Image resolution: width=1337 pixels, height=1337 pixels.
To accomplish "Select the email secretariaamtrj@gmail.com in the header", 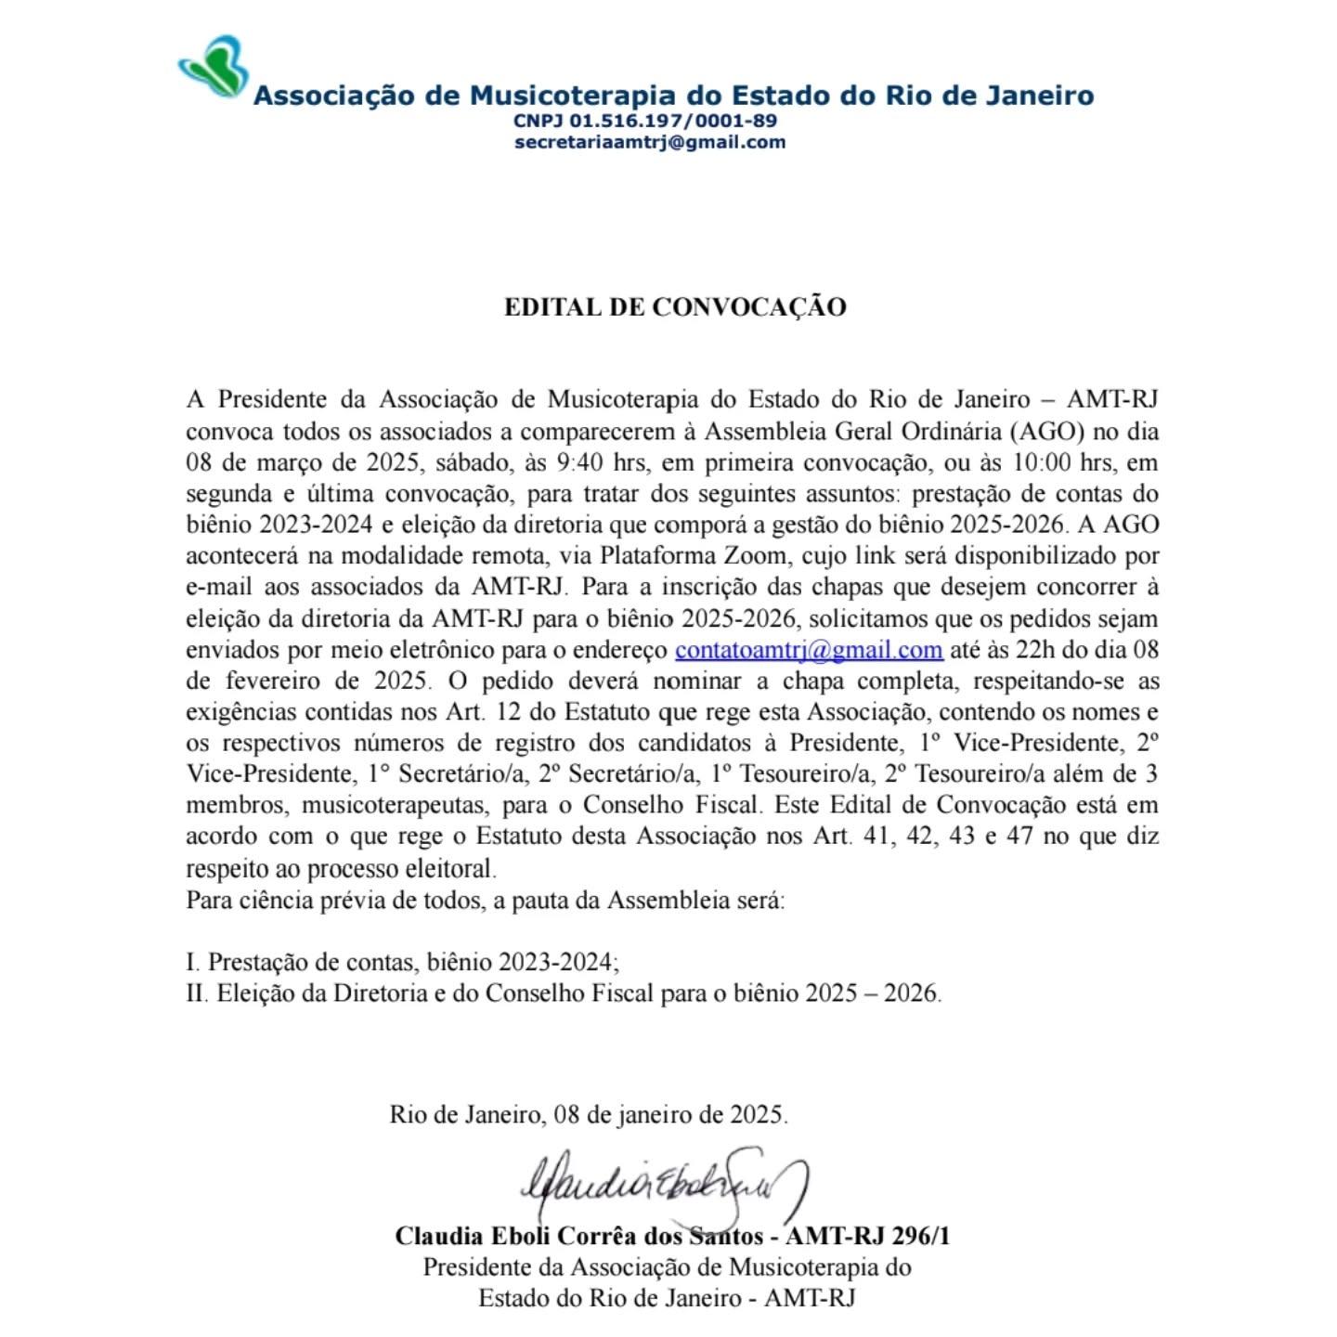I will tap(650, 142).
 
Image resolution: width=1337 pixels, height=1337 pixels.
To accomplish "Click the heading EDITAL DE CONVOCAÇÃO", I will tap(675, 307).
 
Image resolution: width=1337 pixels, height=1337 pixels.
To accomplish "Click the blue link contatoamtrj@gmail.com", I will tap(809, 650).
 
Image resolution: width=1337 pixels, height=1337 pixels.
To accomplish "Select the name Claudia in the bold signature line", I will tap(440, 1237).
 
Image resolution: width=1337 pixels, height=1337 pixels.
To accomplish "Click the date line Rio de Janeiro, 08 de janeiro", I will tap(589, 1114).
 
